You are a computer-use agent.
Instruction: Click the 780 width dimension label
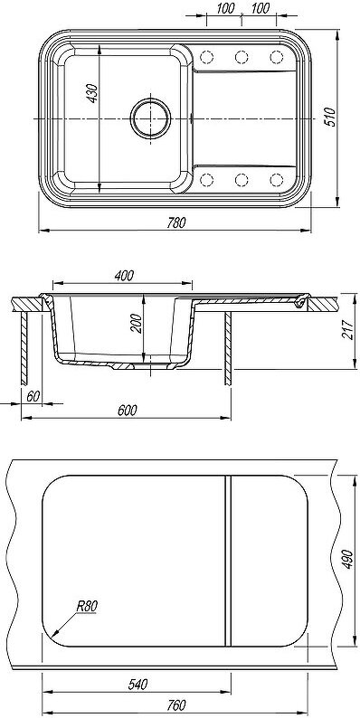tap(175, 223)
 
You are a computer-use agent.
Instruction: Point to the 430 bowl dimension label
tap(92, 93)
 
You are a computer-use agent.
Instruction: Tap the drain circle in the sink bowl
tap(151, 118)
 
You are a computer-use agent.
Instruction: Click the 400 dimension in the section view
tap(124, 276)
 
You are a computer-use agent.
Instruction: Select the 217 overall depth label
tap(348, 329)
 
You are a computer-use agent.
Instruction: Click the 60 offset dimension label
tap(33, 397)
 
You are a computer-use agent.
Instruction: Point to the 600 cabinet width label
tap(127, 411)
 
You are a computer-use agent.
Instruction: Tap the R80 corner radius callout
tap(87, 607)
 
